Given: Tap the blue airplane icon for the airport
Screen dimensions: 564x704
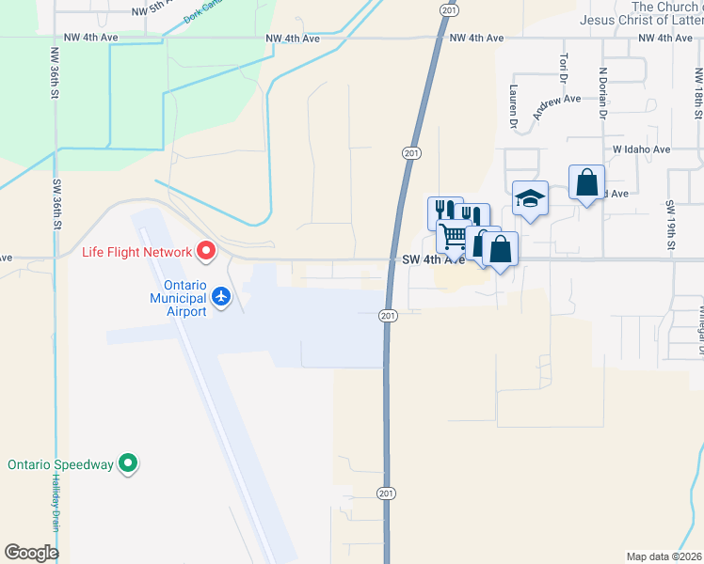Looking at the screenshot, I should pos(221,297).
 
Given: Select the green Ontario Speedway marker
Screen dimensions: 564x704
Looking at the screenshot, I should pos(130,463).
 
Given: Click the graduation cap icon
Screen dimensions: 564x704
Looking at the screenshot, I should pos(530,198).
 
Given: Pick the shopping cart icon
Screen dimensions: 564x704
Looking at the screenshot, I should pos(454,238).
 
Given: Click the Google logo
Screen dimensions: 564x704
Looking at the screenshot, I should pos(31,552).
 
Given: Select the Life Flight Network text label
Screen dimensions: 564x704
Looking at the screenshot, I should pos(136,251).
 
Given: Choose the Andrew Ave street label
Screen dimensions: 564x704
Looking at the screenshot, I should pos(557,105).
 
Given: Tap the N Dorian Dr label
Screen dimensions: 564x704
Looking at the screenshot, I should pos(601,95).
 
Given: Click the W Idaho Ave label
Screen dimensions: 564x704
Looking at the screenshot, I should pos(641,149).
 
